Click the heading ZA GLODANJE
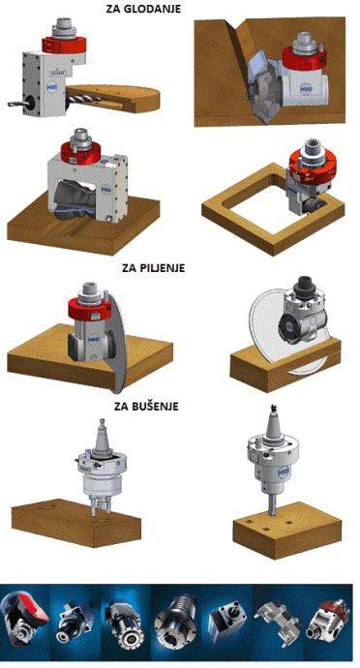pos(143,8)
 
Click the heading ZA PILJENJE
pos(153,268)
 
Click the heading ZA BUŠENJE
pos(146,406)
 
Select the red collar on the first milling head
pos(64,44)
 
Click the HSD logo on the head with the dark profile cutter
pos(106,191)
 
